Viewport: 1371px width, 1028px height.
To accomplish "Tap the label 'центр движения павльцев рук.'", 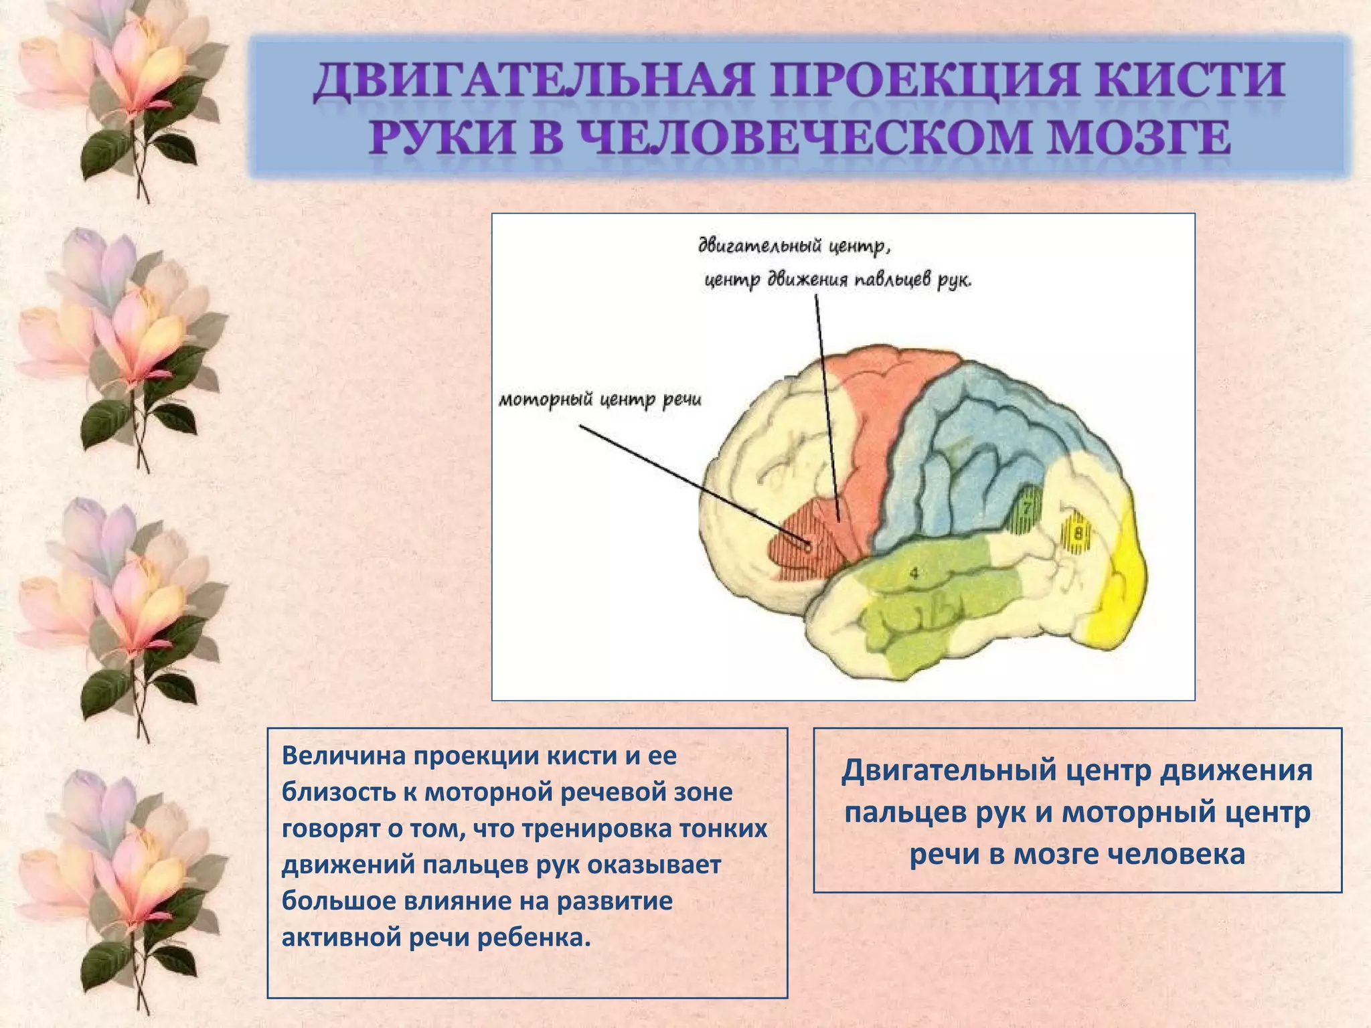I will click(x=837, y=279).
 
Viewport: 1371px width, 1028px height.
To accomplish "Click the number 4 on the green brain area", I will click(x=914, y=573).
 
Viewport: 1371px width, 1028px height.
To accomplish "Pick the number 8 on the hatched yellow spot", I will click(x=1077, y=534).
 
